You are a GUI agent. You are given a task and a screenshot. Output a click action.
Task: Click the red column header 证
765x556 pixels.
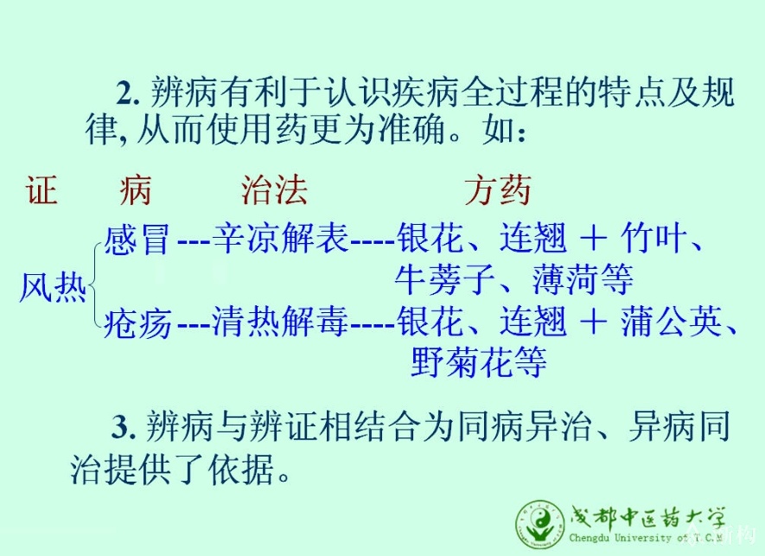[x=42, y=189]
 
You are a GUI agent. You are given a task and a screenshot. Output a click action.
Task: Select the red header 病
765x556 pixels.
[x=136, y=189]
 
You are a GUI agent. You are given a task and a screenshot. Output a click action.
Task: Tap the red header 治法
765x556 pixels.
[x=274, y=189]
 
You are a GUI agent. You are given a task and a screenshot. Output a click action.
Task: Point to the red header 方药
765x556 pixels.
[x=497, y=189]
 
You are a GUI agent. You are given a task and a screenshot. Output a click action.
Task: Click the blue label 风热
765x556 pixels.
[x=53, y=287]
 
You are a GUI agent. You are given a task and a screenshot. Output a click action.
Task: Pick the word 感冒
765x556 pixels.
[x=137, y=239]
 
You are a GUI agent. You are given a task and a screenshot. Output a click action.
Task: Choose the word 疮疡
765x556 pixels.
[x=137, y=323]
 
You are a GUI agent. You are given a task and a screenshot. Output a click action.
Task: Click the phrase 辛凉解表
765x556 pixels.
[x=281, y=238]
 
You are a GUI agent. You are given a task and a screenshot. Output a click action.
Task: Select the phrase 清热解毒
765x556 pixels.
[x=281, y=322]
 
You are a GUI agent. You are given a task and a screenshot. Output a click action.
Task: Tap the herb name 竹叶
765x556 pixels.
[x=653, y=238]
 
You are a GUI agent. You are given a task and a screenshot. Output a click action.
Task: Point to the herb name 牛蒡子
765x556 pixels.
[x=445, y=279]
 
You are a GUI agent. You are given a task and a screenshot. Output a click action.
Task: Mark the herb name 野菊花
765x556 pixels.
[x=461, y=362]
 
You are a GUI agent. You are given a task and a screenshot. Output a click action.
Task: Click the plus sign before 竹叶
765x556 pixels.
[x=594, y=239]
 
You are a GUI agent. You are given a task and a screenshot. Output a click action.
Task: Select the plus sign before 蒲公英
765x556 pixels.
[x=594, y=323]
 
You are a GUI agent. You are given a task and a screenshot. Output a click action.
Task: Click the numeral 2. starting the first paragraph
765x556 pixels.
[x=128, y=93]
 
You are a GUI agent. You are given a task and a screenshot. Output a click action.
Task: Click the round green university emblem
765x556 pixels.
[x=540, y=525]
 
